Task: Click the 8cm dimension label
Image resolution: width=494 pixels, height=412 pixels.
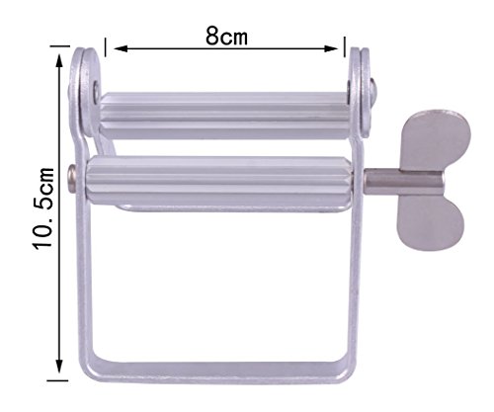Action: tap(226, 36)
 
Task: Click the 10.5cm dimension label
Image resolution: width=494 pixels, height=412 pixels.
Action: tap(43, 208)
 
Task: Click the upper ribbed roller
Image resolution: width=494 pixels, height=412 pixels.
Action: tap(225, 116)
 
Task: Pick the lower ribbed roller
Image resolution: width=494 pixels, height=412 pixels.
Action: tap(219, 181)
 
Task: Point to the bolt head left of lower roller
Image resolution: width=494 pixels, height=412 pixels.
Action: tap(72, 179)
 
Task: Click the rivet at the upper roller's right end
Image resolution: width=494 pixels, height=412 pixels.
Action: tap(372, 90)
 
